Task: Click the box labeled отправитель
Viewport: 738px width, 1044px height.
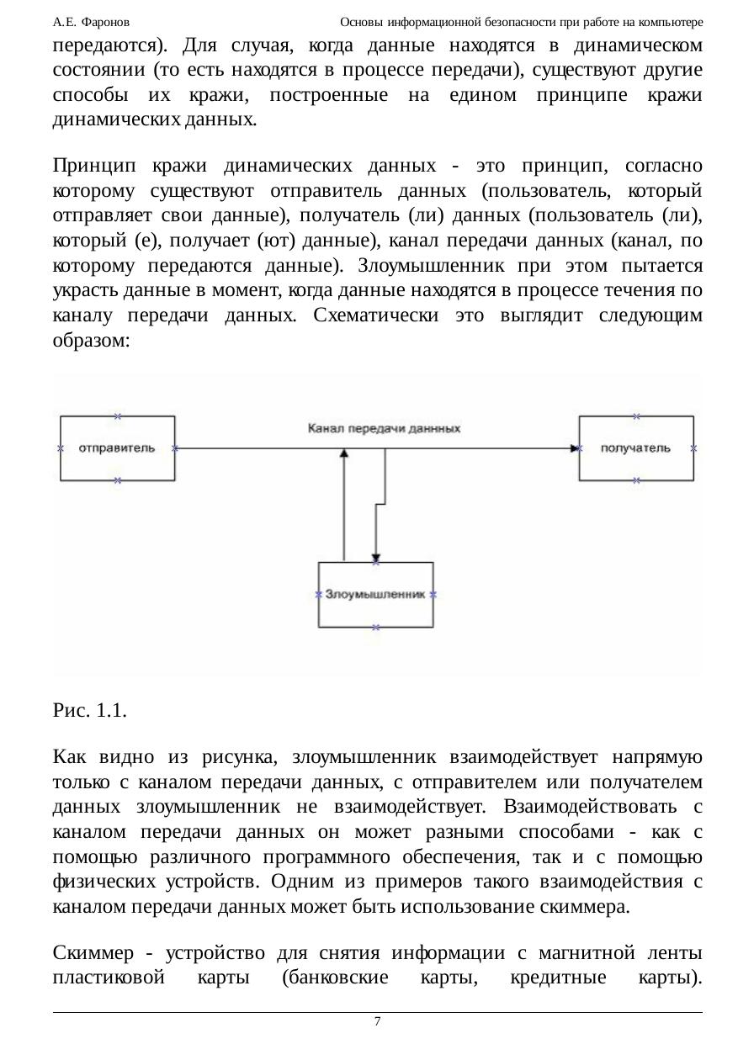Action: point(117,448)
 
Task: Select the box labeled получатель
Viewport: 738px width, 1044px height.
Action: point(636,448)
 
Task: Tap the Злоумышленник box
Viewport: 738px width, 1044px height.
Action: point(375,594)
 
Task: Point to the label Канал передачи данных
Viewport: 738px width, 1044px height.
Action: point(385,428)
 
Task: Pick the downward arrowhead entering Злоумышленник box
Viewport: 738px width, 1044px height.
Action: point(375,556)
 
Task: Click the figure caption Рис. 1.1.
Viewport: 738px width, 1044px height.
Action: point(90,710)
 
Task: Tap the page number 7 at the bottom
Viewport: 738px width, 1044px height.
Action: point(377,1021)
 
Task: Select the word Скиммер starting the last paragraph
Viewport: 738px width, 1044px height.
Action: point(91,954)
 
